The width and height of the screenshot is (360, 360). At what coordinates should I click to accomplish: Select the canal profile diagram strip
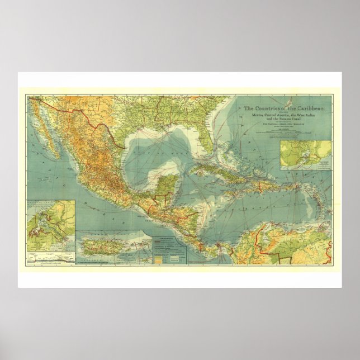coord(50,259)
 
